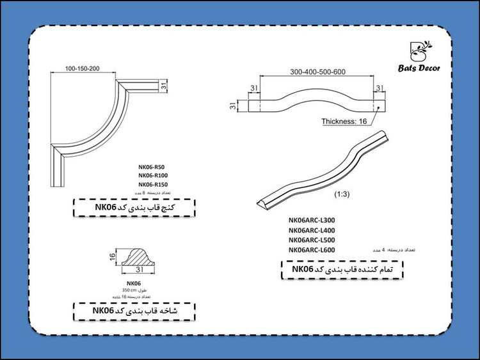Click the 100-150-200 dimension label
point(83,68)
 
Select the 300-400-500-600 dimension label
point(317,71)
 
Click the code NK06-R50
point(152,166)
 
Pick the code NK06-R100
point(153,175)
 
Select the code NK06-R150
point(153,184)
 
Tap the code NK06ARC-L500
point(312,239)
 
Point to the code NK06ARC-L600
point(312,249)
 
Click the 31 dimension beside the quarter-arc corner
point(163,84)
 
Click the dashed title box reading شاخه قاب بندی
point(133,311)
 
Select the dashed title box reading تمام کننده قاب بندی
point(344,270)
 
